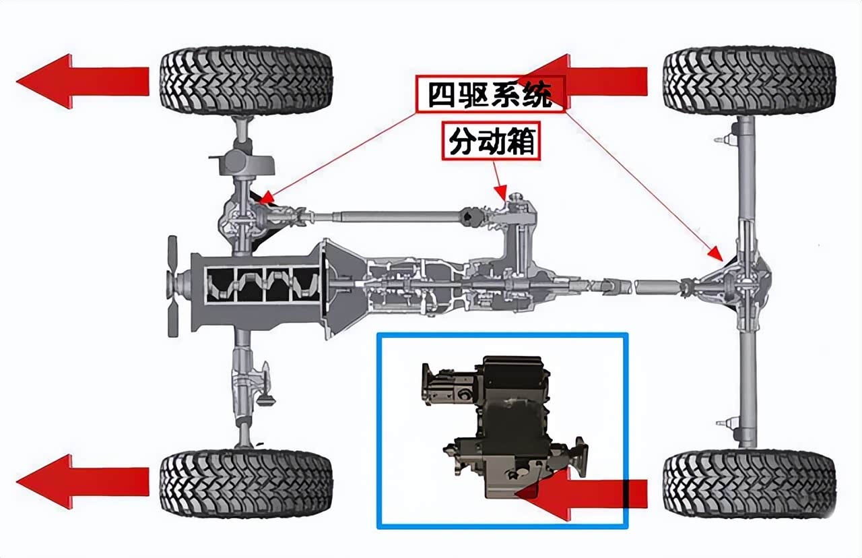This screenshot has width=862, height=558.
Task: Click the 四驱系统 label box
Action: coord(490,94)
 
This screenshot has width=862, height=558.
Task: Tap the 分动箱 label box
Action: coord(492,141)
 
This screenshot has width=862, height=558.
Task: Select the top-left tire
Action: coord(246,80)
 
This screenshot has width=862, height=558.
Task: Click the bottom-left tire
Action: coord(246,483)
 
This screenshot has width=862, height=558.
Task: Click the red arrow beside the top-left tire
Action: coord(83,82)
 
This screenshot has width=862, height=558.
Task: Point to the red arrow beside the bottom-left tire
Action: coord(83,481)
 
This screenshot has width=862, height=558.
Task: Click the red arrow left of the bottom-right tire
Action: coord(582,494)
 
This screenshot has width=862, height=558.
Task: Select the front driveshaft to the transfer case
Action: coord(385,216)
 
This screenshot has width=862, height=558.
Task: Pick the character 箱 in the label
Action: coord(521,142)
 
